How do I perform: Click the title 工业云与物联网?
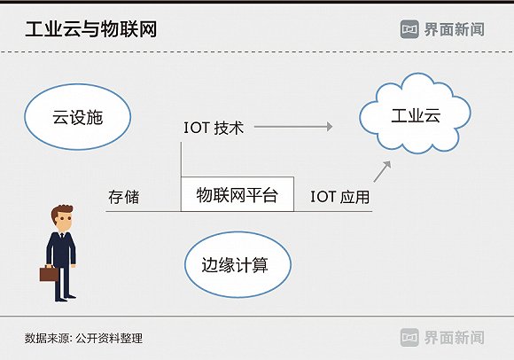91,29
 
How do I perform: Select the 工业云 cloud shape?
415,113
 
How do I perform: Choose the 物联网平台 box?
238,194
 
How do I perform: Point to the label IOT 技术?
214,128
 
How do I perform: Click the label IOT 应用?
340,197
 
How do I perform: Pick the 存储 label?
124,197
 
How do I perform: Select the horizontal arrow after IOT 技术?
293,127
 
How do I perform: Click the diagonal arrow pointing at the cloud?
382,171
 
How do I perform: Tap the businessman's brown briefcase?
49,273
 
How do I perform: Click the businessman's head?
62,218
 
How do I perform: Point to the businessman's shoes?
66,298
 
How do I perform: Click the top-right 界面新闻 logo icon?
409,29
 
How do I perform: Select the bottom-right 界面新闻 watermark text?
455,338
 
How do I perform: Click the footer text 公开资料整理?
109,338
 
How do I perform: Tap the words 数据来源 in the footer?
47,338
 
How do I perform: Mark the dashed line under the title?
257,51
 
